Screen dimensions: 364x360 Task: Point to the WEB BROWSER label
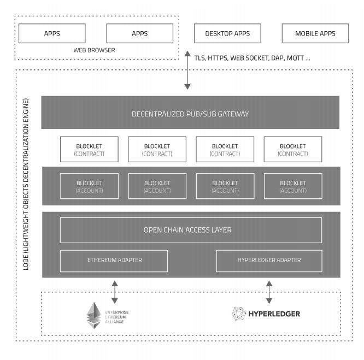[94, 50]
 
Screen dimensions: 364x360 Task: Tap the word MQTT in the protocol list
[295, 58]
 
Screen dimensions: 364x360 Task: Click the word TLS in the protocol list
[199, 58]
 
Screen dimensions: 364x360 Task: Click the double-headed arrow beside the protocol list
[187, 70]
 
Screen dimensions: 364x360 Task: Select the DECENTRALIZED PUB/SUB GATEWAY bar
[190, 113]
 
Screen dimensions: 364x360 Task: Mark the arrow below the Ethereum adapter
[115, 292]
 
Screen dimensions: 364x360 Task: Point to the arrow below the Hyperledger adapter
[269, 292]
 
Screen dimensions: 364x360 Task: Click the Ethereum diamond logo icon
[94, 315]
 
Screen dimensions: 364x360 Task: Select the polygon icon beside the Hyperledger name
[239, 314]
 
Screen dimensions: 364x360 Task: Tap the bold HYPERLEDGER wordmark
[274, 314]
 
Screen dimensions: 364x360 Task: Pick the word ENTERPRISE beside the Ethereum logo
[117, 312]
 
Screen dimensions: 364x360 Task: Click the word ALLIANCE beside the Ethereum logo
[114, 322]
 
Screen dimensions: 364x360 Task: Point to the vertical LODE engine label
[26, 184]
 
